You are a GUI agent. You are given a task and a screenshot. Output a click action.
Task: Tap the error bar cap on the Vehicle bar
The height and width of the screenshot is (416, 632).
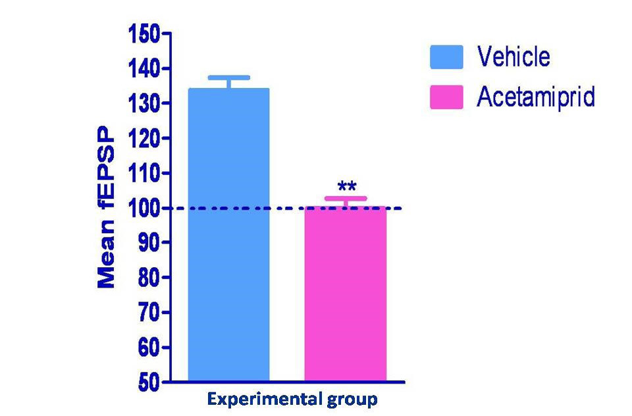(x=228, y=78)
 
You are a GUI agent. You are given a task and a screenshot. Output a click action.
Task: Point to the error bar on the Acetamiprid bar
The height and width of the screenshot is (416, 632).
(x=345, y=199)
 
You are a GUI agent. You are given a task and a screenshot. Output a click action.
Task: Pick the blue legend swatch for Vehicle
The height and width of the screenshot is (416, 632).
(x=447, y=57)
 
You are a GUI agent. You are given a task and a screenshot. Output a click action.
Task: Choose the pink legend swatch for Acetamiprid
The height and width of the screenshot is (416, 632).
(x=447, y=97)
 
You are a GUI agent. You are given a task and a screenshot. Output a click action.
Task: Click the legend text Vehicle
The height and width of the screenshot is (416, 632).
(x=513, y=57)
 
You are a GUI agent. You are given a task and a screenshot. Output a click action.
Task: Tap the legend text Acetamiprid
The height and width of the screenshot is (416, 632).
(x=536, y=97)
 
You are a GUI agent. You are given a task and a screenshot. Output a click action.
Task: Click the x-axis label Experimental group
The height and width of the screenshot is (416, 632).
(x=292, y=399)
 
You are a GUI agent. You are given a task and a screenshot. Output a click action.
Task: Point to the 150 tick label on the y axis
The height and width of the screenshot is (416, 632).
(x=144, y=34)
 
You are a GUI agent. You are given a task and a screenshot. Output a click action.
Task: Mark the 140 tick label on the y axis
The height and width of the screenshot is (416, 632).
(x=144, y=68)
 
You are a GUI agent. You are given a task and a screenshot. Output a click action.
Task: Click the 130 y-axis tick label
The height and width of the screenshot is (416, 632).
(x=144, y=103)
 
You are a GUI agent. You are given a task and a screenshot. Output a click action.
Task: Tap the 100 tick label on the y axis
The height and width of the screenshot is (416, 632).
(x=144, y=208)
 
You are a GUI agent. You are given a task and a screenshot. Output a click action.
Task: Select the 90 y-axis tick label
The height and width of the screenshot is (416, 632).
(x=149, y=243)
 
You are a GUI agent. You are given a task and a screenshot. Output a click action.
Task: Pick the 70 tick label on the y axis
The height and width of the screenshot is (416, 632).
(x=149, y=313)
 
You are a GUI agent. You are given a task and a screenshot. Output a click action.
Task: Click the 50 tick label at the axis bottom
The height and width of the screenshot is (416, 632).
(x=149, y=382)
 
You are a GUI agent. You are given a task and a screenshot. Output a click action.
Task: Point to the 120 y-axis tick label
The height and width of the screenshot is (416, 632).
(x=144, y=138)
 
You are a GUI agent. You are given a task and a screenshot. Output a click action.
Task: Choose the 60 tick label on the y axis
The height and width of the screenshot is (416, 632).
(x=149, y=348)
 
